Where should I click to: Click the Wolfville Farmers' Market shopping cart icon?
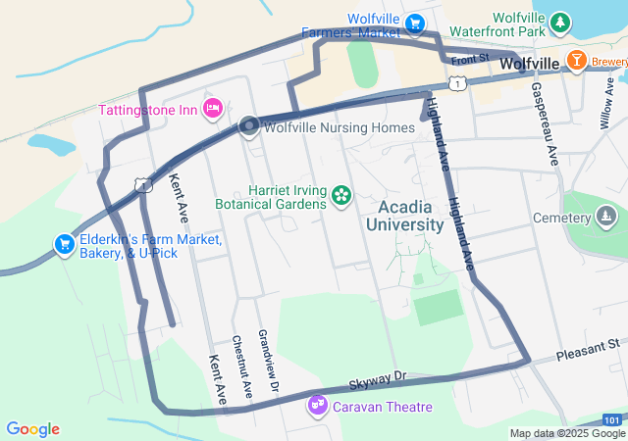(415, 22)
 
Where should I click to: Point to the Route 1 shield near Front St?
(457, 84)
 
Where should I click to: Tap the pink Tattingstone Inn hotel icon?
(211, 107)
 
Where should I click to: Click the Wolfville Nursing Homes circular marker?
(249, 125)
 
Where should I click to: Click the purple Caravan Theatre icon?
(317, 404)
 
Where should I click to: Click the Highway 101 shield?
(610, 418)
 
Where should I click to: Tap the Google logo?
(32, 429)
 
